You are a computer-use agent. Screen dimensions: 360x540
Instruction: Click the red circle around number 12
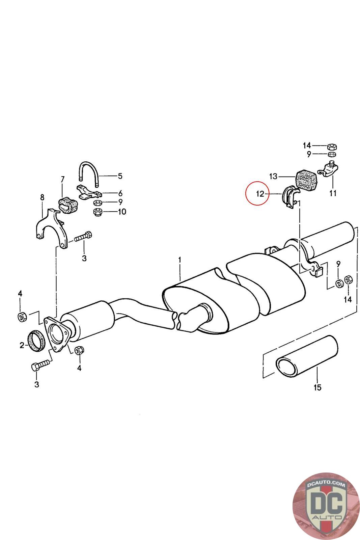click(x=257, y=194)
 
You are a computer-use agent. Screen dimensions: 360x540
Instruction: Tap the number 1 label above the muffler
click(x=180, y=260)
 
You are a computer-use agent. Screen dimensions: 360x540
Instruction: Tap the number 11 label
click(x=333, y=193)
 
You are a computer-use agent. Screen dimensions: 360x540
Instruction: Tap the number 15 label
click(x=317, y=387)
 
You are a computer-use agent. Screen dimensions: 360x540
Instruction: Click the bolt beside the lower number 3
click(x=40, y=365)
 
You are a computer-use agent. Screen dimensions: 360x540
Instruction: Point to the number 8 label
click(x=42, y=197)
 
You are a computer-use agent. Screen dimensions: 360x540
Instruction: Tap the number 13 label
click(x=273, y=176)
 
